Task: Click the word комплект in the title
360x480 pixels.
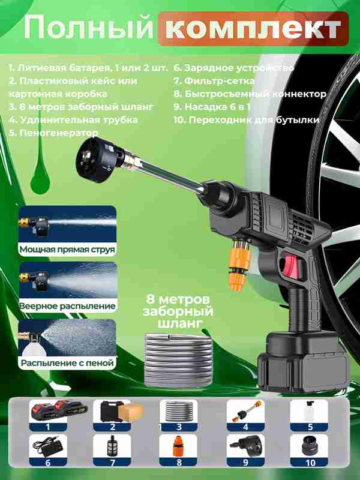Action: point(253,29)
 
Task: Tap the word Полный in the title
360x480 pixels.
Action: point(88,29)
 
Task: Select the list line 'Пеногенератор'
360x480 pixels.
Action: point(53,133)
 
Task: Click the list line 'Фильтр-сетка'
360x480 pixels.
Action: point(214,81)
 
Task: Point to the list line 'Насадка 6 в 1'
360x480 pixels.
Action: point(212,107)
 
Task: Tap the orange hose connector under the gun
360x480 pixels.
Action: point(239,265)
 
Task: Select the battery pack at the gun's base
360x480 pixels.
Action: point(303,363)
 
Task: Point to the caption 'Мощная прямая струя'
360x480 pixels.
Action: point(67,250)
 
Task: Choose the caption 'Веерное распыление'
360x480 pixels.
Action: point(67,306)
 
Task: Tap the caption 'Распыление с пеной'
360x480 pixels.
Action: point(67,363)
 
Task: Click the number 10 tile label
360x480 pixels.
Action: point(310,463)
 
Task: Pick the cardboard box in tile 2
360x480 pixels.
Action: point(131,412)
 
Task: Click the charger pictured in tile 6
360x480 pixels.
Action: point(48,448)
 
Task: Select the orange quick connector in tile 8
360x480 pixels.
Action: point(178,446)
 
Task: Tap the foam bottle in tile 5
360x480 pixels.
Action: point(308,411)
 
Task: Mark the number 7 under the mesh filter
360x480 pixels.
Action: point(112,463)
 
